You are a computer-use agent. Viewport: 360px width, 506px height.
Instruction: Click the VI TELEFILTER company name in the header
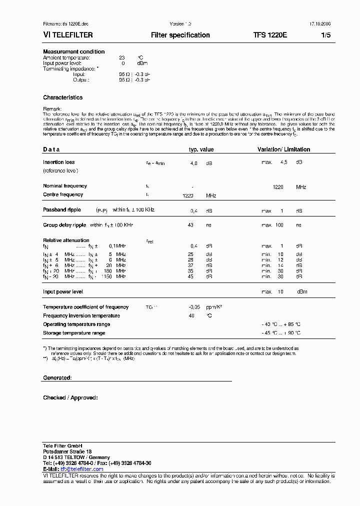pos(68,35)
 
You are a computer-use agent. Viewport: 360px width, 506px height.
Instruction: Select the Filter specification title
pos(180,35)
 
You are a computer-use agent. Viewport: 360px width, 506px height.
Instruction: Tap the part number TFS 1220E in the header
pos(270,35)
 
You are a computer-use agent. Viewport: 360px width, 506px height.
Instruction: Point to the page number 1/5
pos(325,35)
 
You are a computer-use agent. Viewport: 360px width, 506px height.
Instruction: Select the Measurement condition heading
pos(74,52)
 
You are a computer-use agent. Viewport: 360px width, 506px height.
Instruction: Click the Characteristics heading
pos(63,97)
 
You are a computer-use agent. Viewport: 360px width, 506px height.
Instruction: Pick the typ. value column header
pos(201,149)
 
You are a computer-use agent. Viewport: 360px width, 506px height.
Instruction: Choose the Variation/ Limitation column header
pos(283,149)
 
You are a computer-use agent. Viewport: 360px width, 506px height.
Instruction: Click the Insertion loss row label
pos(59,162)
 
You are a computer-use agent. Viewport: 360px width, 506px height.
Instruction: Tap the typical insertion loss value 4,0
pos(193,163)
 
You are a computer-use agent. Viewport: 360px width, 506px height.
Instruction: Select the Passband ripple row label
pos(61,210)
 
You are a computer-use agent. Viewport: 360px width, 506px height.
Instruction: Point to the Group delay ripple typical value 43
pos(190,225)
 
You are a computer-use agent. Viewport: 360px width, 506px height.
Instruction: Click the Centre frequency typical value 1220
pos(188,196)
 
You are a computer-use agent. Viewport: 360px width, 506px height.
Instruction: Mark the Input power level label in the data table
pos(63,291)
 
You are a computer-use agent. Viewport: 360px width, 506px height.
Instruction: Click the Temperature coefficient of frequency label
pos(86,307)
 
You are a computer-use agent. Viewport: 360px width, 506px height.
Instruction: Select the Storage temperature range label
pos(74,333)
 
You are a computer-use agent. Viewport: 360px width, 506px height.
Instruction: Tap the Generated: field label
pos(57,378)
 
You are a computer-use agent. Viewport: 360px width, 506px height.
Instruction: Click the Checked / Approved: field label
pos(70,397)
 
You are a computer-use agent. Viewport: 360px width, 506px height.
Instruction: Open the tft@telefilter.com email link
pos(82,469)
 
